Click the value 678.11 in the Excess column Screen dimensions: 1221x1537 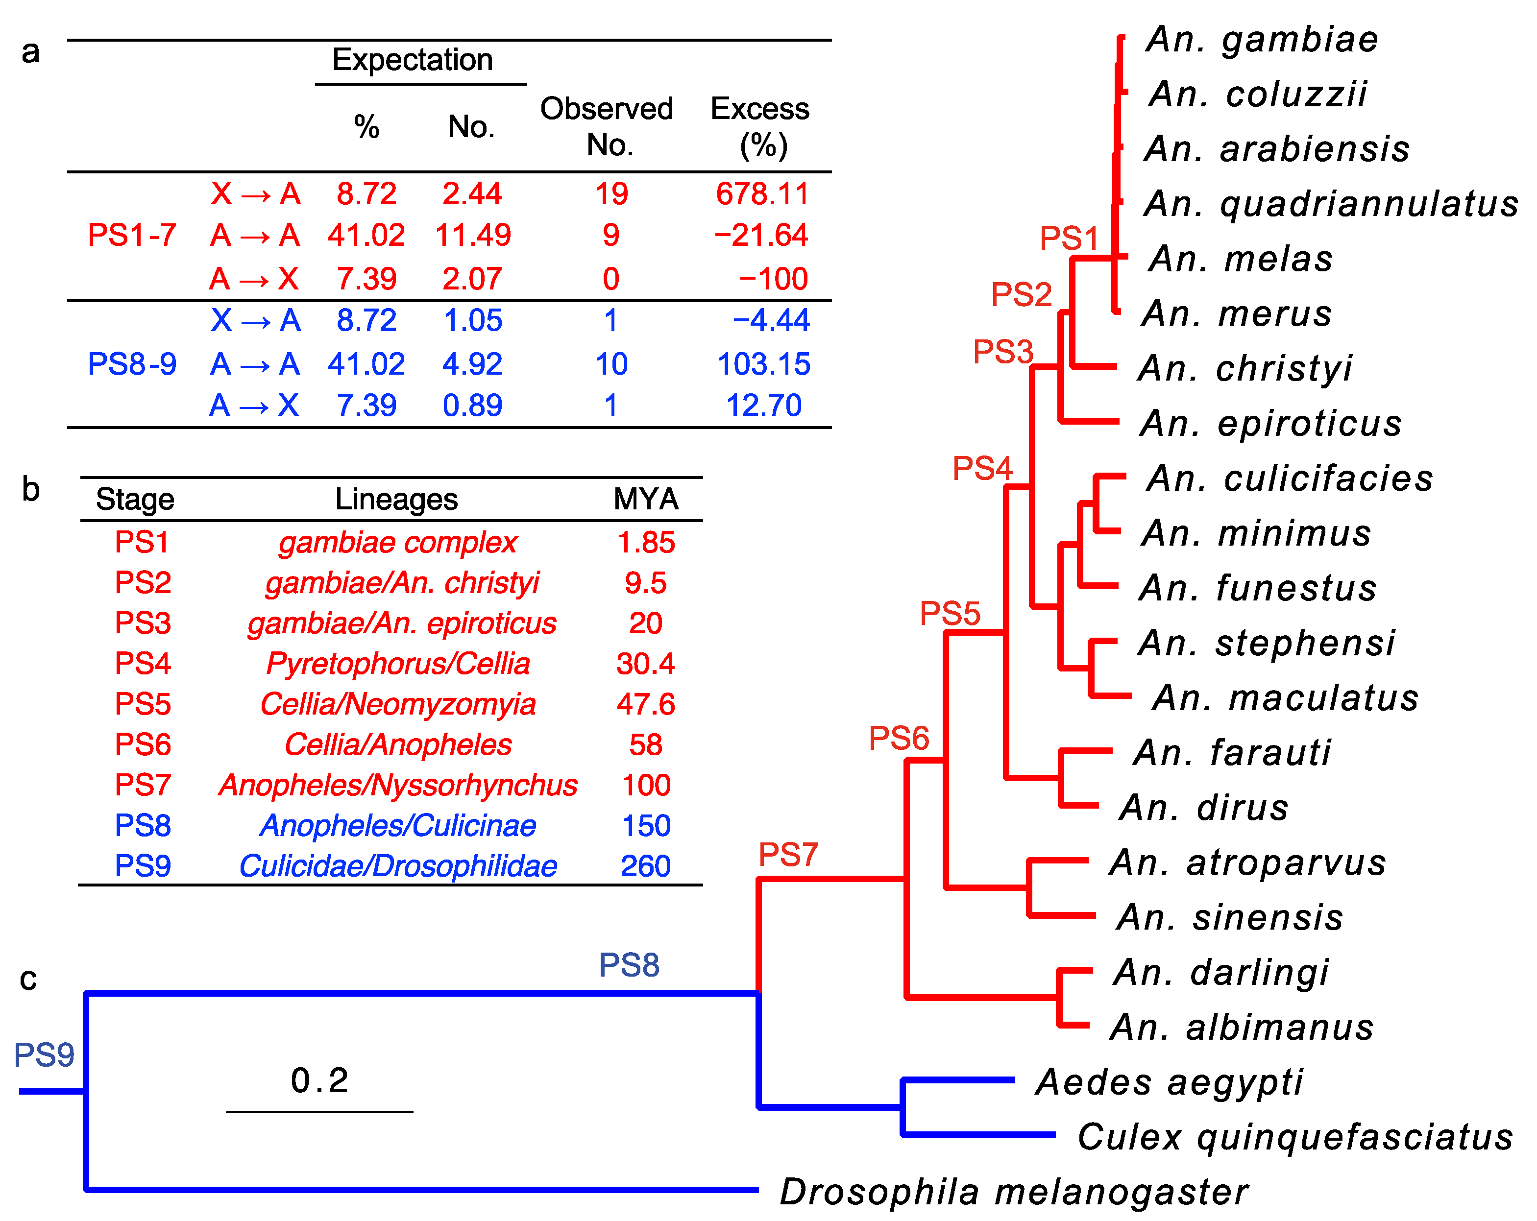(x=762, y=194)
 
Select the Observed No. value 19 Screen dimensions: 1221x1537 (x=611, y=194)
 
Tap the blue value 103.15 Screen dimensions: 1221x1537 (x=763, y=364)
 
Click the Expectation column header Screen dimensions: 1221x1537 (x=413, y=60)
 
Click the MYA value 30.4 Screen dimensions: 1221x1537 (x=645, y=664)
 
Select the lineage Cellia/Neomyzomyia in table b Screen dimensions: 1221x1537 (x=398, y=704)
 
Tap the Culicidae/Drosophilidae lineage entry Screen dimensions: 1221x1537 (x=398, y=866)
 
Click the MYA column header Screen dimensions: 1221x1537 (x=646, y=499)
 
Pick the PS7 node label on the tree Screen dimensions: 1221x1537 (x=788, y=854)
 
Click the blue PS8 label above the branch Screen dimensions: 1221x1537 (x=629, y=965)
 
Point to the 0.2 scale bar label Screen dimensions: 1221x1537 (x=319, y=1080)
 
